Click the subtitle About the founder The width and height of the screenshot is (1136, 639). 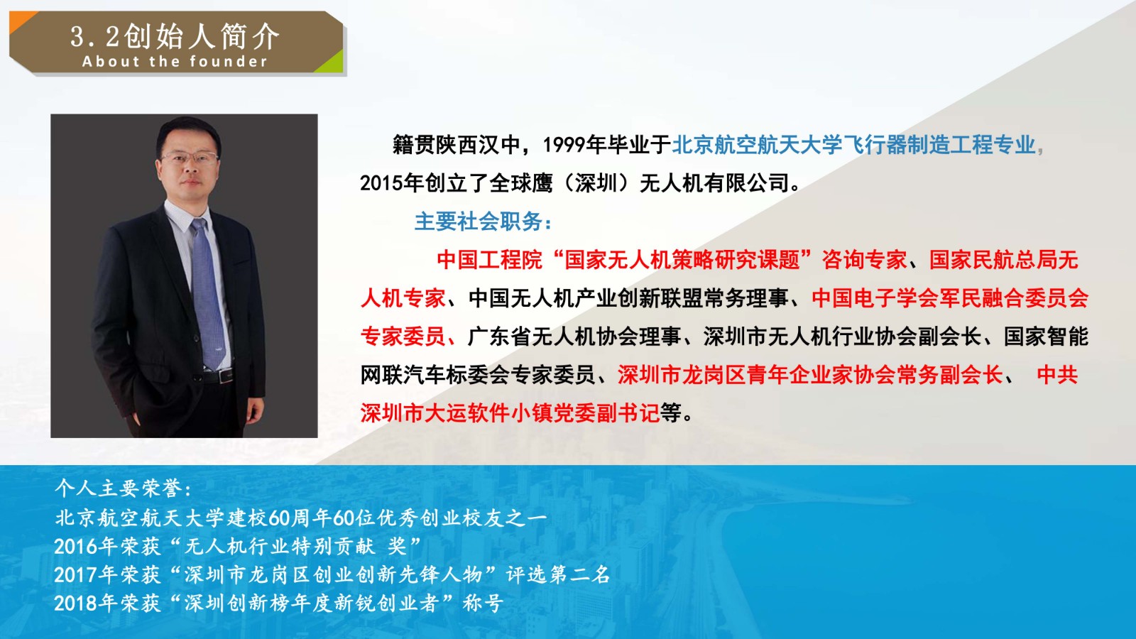175,62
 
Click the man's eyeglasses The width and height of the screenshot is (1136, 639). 191,158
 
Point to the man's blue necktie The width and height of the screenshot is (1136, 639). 207,293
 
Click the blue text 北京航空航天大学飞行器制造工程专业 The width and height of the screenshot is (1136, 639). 853,145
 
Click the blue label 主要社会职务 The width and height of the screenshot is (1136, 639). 479,222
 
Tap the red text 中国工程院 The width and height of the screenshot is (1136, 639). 489,260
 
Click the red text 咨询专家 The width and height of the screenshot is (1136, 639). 864,260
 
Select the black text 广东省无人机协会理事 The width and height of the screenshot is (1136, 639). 574,337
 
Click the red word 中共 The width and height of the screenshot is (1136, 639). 1057,375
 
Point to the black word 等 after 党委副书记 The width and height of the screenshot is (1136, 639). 670,413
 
